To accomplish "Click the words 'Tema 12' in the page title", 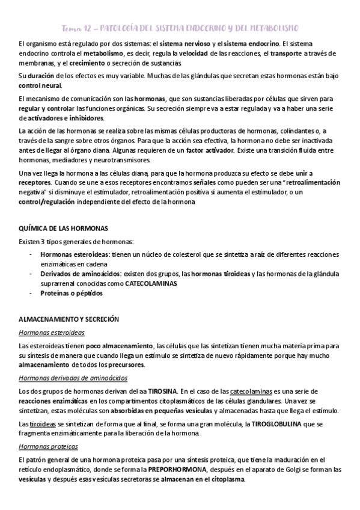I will (77, 28).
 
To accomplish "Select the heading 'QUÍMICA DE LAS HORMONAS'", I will (63, 229).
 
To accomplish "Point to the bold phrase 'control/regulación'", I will (47, 201).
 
